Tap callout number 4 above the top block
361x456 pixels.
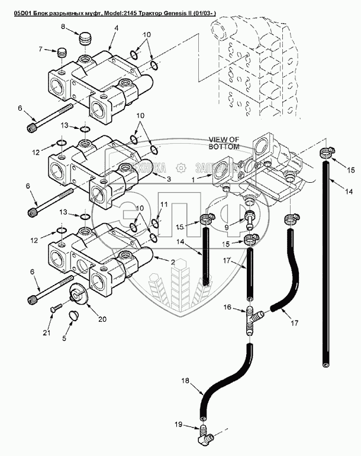coord(117,28)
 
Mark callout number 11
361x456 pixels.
coord(165,204)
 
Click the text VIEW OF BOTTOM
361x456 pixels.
coord(224,143)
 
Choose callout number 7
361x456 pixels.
coord(41,50)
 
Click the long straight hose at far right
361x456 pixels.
coord(325,266)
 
